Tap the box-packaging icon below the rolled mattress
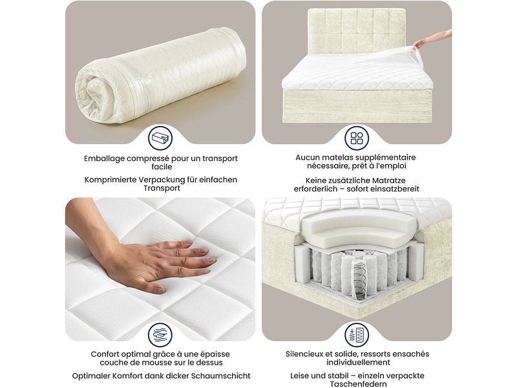[x=160, y=138]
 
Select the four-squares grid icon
[x=357, y=138]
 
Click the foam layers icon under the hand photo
[x=160, y=335]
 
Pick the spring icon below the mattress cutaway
[x=357, y=335]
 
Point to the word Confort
[x=105, y=354]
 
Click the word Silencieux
[x=304, y=354]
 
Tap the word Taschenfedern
[x=358, y=384]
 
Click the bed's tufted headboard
[x=357, y=31]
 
